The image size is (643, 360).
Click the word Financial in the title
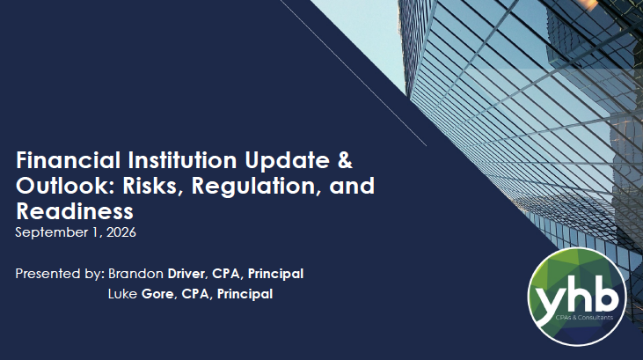[69, 160]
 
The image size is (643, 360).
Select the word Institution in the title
[182, 160]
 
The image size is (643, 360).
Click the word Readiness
[75, 211]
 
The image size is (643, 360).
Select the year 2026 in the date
[121, 232]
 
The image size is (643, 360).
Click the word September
[52, 233]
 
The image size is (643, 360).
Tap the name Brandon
[135, 274]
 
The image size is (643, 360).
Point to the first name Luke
[122, 294]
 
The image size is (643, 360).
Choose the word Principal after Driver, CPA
[275, 275]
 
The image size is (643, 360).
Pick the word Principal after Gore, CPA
[245, 294]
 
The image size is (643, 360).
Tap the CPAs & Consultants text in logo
[584, 317]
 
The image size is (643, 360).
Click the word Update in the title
[287, 161]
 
